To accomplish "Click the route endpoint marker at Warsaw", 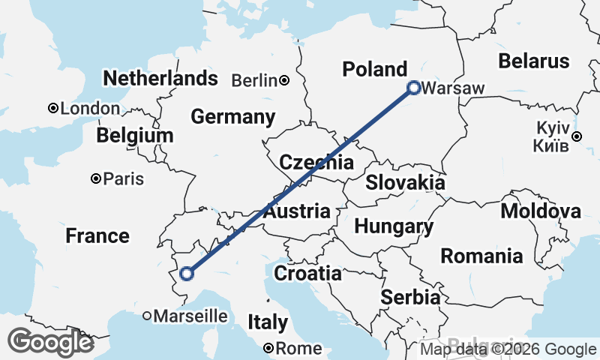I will pyautogui.click(x=413, y=88).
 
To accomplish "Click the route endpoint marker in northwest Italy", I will pyautogui.click(x=187, y=273).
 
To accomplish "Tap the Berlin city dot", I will pyautogui.click(x=284, y=80).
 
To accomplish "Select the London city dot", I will pyautogui.click(x=53, y=108).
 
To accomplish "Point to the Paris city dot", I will pyautogui.click(x=96, y=178).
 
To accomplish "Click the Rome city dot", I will pyautogui.click(x=269, y=348).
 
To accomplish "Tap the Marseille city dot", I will pyautogui.click(x=147, y=316).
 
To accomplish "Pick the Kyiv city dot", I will pyautogui.click(x=577, y=136).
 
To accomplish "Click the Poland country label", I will pyautogui.click(x=374, y=69).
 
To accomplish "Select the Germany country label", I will pyautogui.click(x=232, y=117).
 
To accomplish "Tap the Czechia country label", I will pyautogui.click(x=316, y=163).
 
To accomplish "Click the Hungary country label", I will pyautogui.click(x=394, y=226).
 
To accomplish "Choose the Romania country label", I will pyautogui.click(x=481, y=256).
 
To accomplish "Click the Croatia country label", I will pyautogui.click(x=307, y=274).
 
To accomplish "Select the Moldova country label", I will pyautogui.click(x=540, y=211).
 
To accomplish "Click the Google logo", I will pyautogui.click(x=50, y=342).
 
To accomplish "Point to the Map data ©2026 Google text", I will pyautogui.click(x=508, y=349).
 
